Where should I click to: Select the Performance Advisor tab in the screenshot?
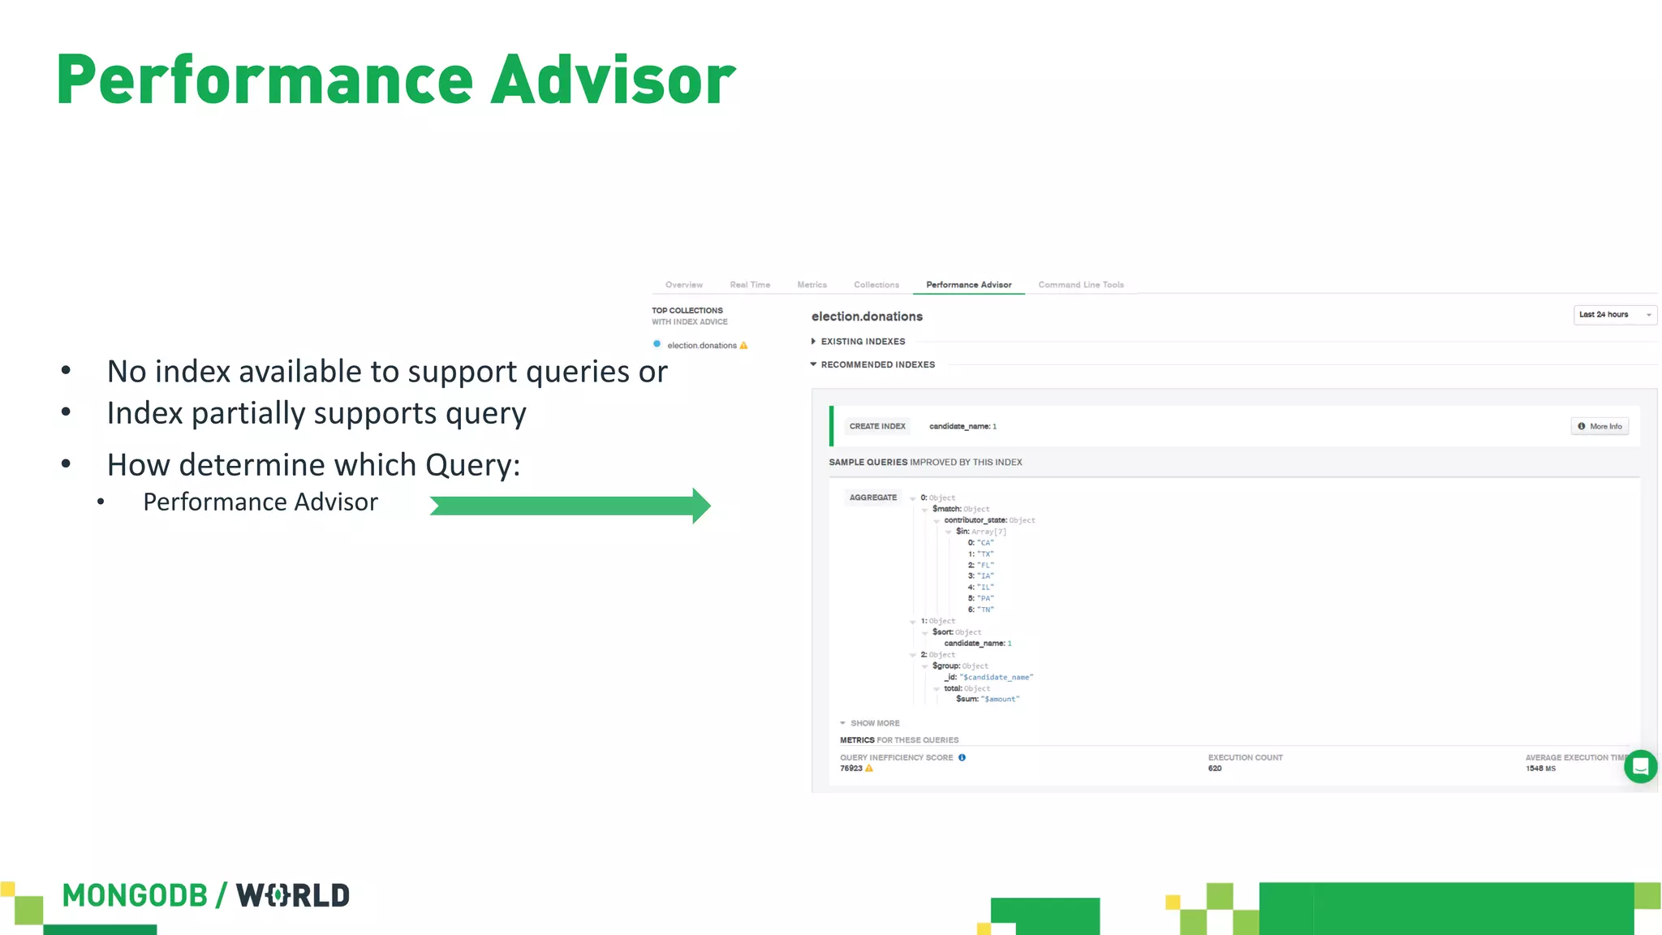point(968,285)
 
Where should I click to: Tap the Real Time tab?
point(749,285)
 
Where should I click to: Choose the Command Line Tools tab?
point(1080,285)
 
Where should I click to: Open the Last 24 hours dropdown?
point(1614,315)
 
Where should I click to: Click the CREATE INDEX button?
point(876,426)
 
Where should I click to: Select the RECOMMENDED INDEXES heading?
point(876,365)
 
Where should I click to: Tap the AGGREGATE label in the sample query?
point(872,498)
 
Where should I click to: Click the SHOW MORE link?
point(873,723)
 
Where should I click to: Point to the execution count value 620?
point(1214,769)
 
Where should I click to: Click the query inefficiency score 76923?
point(851,769)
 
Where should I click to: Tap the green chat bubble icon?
point(1640,766)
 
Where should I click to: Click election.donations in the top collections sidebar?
point(701,346)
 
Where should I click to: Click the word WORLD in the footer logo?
point(293,895)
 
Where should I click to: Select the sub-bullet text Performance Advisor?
point(260,502)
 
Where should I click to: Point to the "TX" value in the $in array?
point(984,554)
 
